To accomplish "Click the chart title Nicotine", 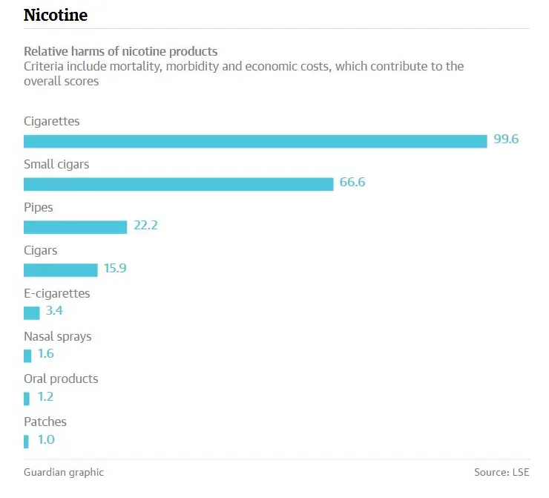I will (x=56, y=15).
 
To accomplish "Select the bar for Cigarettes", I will (x=255, y=141).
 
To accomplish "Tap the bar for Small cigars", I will (x=178, y=184).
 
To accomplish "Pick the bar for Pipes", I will (x=75, y=227).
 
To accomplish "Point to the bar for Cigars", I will (x=60, y=269).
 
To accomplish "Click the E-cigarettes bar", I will (x=31, y=312).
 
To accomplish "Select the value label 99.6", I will (x=506, y=140).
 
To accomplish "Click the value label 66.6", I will (x=352, y=183).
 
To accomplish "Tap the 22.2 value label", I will (x=145, y=226).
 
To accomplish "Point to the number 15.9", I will (x=115, y=268).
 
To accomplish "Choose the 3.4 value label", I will (x=54, y=311).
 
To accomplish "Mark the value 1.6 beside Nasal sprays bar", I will (x=45, y=354).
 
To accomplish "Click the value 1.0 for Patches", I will (x=45, y=439).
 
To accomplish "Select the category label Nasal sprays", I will (x=58, y=336).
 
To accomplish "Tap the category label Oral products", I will (x=61, y=379).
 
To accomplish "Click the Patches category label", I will (x=45, y=422).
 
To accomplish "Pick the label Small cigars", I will (x=56, y=165).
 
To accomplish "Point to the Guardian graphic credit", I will (x=64, y=472).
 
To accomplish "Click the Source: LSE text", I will (x=502, y=472).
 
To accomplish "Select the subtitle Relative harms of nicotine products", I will (x=121, y=51).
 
